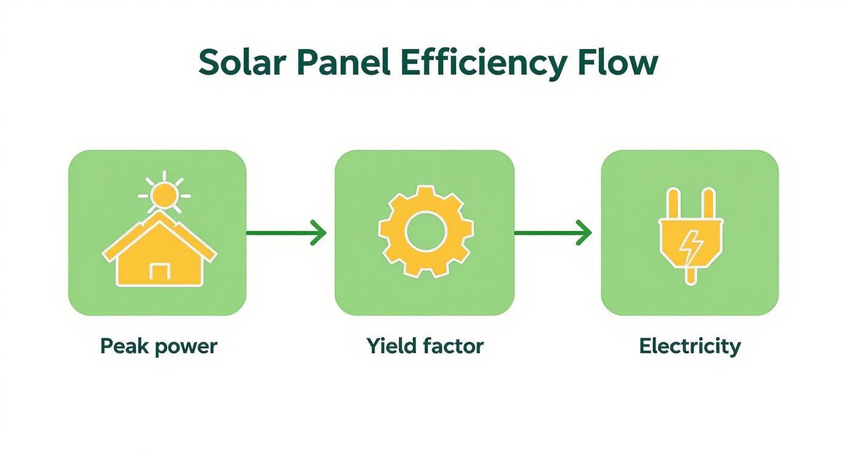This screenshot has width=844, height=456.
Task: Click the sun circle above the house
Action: coord(164,195)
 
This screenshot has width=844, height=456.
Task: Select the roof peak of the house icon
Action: coord(159,218)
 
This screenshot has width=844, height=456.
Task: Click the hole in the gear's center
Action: coord(426,233)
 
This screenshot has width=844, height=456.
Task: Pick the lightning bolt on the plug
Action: coord(691,246)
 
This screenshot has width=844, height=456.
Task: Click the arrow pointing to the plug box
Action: coord(553,233)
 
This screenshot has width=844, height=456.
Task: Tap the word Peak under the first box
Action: coord(119,347)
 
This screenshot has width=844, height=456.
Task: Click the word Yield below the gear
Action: coord(388,346)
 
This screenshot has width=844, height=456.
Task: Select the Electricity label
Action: coord(690,346)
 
